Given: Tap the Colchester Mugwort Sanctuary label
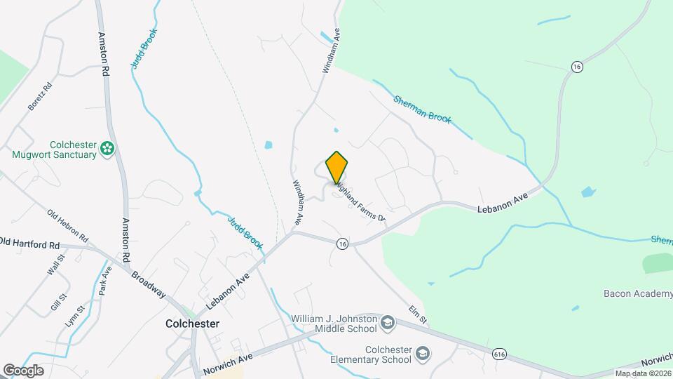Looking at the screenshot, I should click(x=54, y=149).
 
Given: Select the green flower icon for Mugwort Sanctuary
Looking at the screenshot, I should click(x=107, y=148).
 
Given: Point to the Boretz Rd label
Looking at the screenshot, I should click(x=40, y=97).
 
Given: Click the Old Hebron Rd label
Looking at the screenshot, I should click(x=67, y=223).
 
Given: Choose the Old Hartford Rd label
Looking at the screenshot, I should click(x=30, y=244).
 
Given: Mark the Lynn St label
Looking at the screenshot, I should click(x=75, y=309).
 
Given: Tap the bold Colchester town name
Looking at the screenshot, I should click(x=192, y=324).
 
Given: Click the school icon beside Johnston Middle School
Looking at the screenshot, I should click(x=386, y=324).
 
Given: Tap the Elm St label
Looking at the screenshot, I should click(x=419, y=314).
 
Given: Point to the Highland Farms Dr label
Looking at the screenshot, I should click(x=360, y=204).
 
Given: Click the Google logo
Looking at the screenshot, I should click(x=23, y=370).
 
